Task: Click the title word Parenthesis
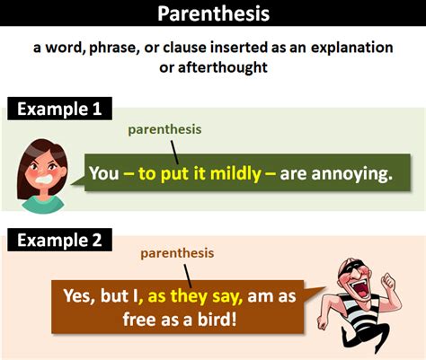(213, 14)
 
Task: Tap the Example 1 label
(60, 110)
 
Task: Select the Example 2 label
(60, 240)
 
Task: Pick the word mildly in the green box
(229, 172)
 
